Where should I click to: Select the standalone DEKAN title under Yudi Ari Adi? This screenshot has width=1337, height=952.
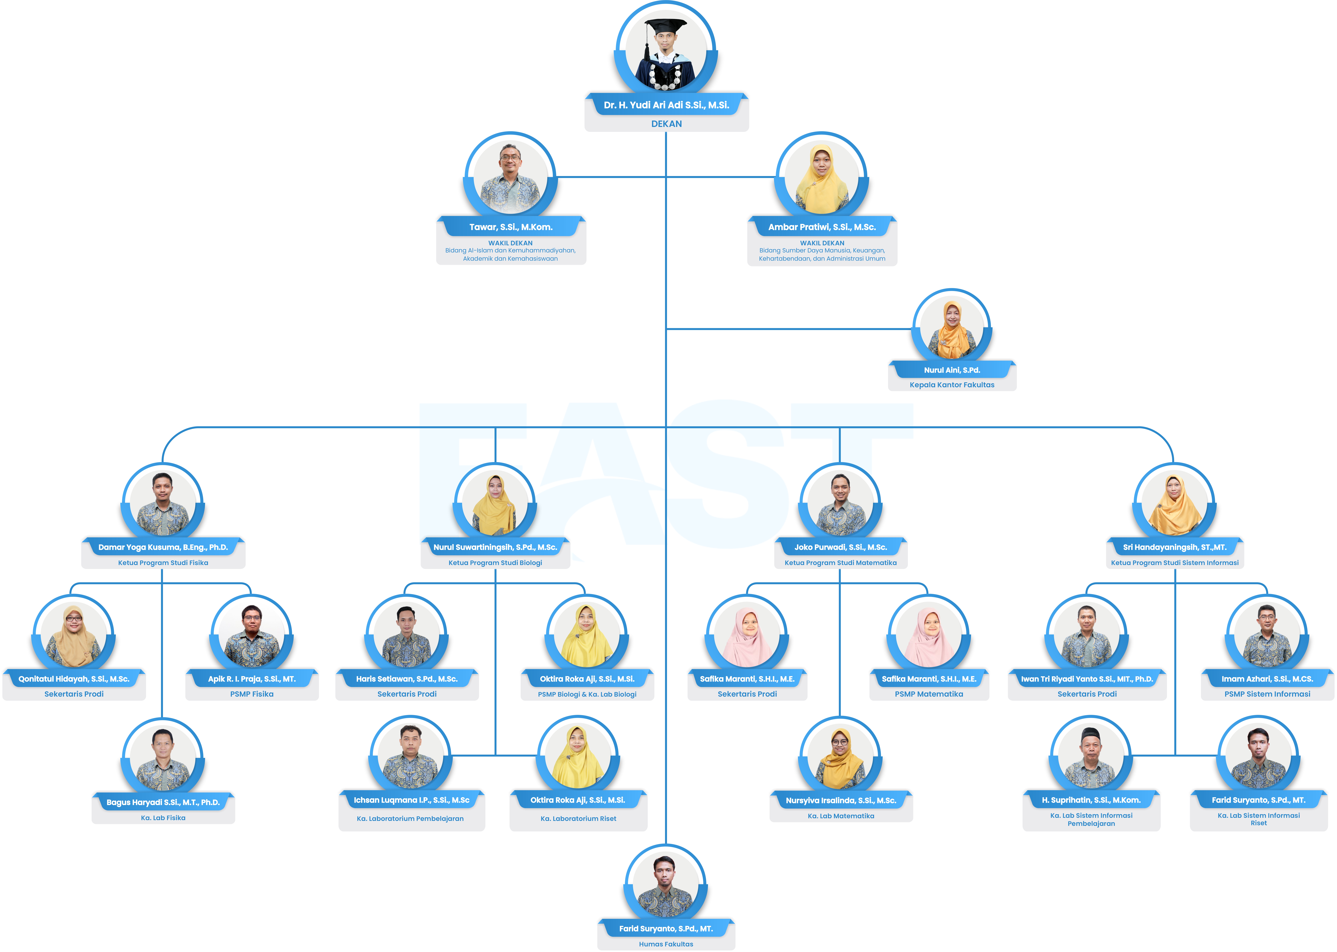coord(666,124)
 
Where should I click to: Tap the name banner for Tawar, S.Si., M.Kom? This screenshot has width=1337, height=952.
coord(510,227)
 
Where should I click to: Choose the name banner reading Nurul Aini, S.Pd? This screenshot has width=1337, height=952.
coord(952,370)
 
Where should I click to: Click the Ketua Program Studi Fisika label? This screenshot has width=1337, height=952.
coord(163,563)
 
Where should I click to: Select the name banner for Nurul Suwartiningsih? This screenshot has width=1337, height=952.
coord(495,547)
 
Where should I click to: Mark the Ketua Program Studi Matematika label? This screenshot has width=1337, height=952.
coord(841,563)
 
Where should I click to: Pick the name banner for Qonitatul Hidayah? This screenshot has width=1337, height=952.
coord(74,679)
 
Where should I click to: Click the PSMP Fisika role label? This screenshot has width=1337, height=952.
coord(252,694)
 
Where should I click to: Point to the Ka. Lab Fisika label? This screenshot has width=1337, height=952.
coord(163,818)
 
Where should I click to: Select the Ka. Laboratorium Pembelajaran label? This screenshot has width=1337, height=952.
coord(410,818)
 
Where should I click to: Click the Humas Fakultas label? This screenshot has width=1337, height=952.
coord(666,944)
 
